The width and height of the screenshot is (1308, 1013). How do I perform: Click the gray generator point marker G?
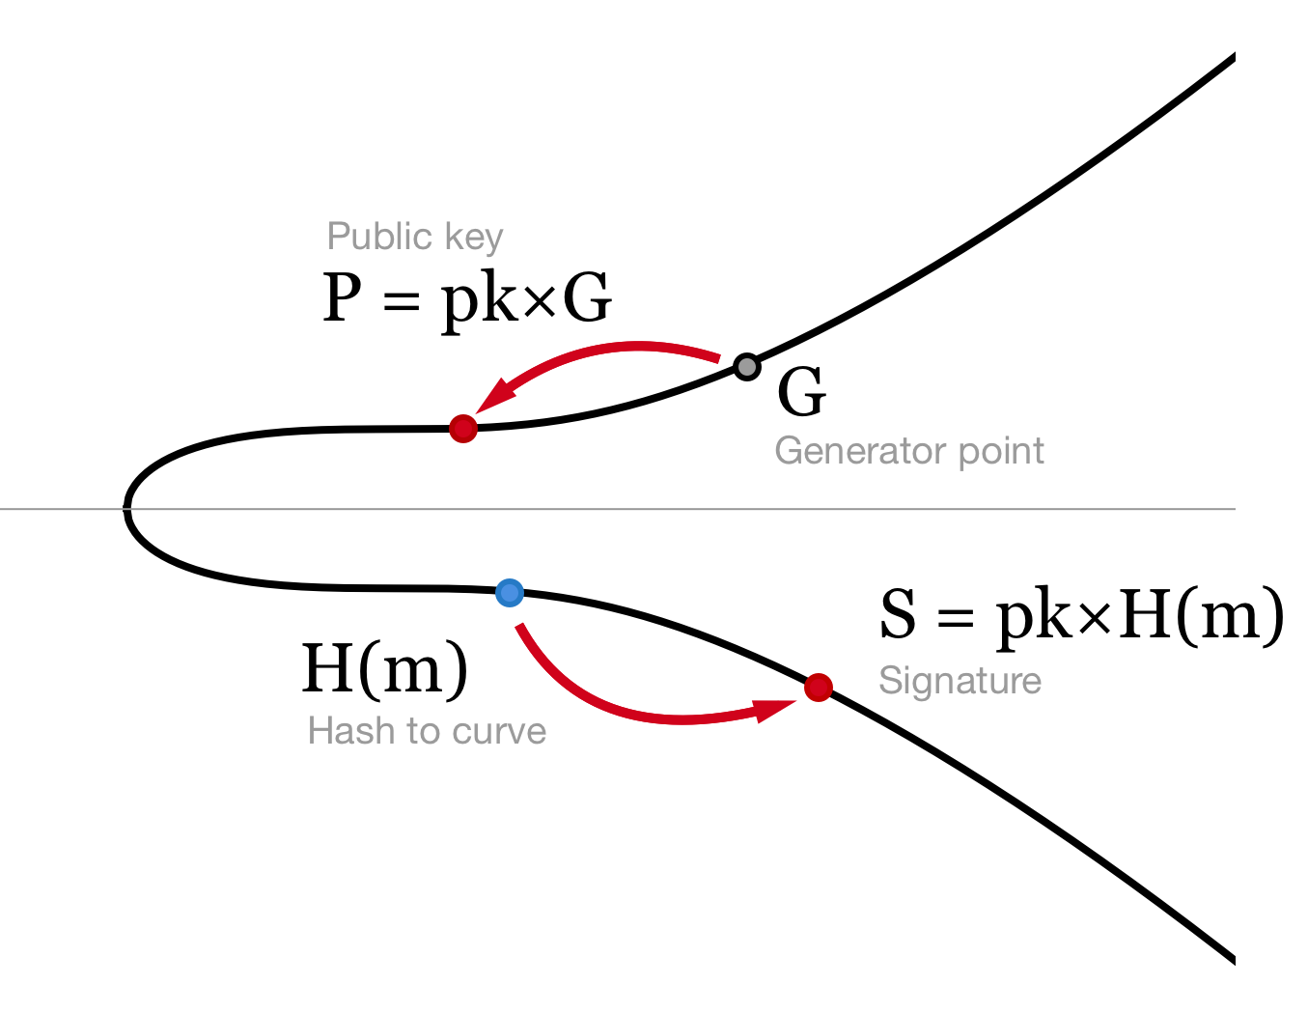(746, 367)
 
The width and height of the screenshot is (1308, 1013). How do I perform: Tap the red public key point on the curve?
(463, 428)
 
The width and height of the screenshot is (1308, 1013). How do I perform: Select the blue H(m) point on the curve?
(510, 592)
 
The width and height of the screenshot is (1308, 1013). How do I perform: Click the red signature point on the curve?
(819, 688)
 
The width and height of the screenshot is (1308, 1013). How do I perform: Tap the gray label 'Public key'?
(415, 237)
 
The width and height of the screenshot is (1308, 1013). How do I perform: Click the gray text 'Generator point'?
(909, 451)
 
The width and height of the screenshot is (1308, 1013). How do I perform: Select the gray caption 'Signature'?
(960, 681)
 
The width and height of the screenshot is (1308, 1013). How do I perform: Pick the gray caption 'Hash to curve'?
(427, 731)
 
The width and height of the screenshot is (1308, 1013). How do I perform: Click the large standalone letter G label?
(801, 393)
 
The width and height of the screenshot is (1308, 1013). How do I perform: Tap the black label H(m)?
(385, 668)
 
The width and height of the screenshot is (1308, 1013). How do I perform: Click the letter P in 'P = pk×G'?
(342, 297)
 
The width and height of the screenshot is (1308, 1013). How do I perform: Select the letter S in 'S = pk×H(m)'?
(898, 614)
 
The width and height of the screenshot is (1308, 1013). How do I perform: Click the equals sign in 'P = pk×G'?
(402, 301)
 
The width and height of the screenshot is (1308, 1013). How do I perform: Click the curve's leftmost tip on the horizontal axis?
(127, 508)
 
